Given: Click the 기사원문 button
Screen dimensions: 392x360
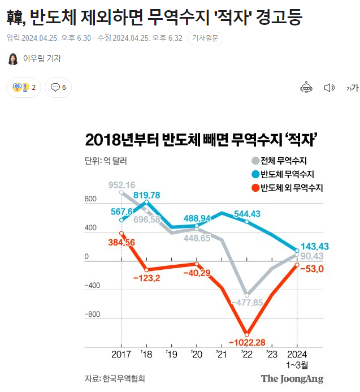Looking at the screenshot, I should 205,38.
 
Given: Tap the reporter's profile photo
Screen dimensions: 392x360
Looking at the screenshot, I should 12,59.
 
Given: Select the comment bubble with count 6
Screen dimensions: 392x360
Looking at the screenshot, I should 58,87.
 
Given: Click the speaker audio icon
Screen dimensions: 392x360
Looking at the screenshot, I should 329,87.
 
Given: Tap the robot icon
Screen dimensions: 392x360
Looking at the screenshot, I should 306,87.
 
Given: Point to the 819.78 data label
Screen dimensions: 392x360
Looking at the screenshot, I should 146,195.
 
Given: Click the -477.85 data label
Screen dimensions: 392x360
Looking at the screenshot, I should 247,303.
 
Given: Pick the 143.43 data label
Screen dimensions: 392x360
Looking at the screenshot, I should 315,247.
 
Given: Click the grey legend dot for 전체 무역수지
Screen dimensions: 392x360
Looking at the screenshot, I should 255,161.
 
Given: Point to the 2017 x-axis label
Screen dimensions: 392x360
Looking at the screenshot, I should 122,355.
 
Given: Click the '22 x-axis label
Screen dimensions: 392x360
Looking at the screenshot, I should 246,355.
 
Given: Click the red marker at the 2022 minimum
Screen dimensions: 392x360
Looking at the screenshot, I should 246,333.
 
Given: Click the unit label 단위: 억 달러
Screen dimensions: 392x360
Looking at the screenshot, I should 106,161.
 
